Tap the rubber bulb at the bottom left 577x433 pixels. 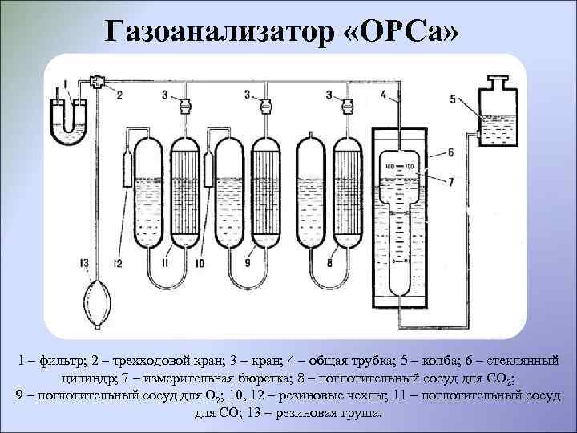[98, 301]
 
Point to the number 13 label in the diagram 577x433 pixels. [84, 263]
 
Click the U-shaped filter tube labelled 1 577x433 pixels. [70, 117]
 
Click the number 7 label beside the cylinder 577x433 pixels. [450, 182]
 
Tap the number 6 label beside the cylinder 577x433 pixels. [450, 152]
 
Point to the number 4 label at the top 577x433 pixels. [383, 95]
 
